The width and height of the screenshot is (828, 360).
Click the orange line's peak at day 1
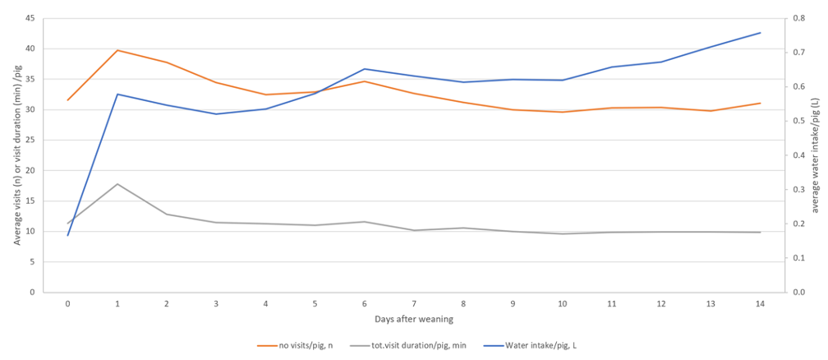[117, 50]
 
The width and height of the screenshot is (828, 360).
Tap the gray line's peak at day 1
[117, 183]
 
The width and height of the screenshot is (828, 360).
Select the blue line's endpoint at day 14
[761, 33]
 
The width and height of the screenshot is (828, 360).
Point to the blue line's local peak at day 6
[365, 69]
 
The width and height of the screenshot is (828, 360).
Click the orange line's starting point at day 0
[68, 100]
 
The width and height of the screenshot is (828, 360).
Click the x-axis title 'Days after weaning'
[414, 318]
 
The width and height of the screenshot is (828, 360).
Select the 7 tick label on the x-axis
[414, 303]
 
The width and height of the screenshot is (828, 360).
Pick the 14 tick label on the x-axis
[761, 303]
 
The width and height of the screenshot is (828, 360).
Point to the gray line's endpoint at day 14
[761, 232]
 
